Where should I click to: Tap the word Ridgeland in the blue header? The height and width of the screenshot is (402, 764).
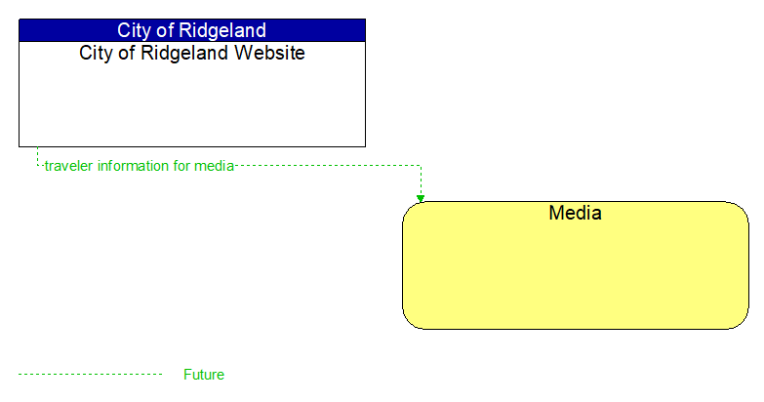[x=220, y=30]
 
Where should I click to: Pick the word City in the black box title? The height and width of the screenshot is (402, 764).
[x=97, y=53]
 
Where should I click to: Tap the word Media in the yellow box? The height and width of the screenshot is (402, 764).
[x=575, y=213]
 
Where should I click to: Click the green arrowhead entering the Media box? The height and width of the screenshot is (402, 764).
[x=421, y=198]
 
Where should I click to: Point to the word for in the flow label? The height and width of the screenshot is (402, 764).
[x=181, y=166]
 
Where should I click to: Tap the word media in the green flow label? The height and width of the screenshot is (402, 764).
[x=214, y=166]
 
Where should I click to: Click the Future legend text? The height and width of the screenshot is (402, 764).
[x=204, y=375]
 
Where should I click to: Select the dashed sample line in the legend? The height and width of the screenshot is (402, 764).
[x=90, y=375]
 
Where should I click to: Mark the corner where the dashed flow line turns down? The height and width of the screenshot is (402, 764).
[x=421, y=166]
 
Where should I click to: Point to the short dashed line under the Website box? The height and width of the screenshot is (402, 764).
[x=37, y=156]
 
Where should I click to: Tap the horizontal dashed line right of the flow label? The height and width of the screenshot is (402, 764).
[x=327, y=166]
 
